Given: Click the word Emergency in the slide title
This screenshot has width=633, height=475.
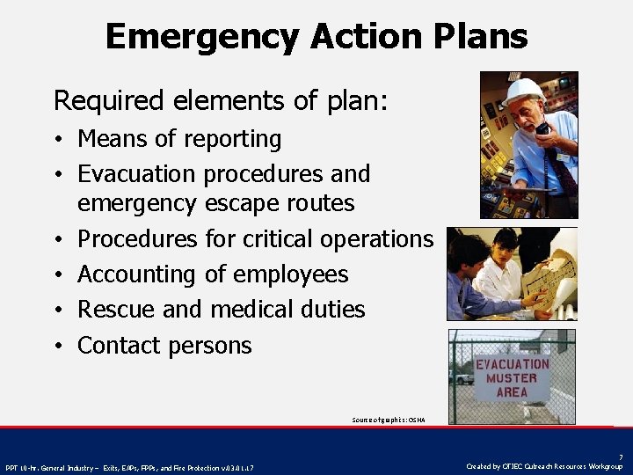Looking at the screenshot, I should click(200, 37).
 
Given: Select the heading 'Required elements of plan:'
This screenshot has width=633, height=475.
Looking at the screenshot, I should click(220, 100).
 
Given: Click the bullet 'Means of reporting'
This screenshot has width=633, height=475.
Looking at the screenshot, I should click(179, 139).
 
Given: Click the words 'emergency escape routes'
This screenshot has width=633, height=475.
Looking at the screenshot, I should click(215, 203).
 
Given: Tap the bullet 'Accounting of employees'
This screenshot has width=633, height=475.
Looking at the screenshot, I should click(213, 274).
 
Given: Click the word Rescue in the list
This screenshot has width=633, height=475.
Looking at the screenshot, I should click(112, 310).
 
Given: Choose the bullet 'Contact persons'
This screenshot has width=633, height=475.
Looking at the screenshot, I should click(164, 346).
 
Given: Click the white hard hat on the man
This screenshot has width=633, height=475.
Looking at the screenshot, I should click(525, 91).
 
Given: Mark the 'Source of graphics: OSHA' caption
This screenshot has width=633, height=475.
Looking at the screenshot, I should click(388, 420).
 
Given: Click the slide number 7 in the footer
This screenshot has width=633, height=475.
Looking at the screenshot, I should click(621, 457).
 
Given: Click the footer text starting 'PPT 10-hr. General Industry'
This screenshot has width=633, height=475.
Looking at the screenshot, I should click(130, 467).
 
